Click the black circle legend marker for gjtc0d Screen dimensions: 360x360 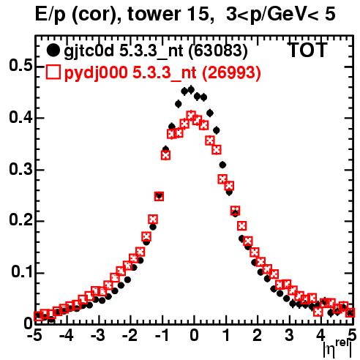pos(53,50)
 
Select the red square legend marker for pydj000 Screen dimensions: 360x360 pos(53,72)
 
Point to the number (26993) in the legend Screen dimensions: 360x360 pos(232,72)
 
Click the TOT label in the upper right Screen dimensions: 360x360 pos(307,50)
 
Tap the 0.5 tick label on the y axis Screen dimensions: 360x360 pos(20,66)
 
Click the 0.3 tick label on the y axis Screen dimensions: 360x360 pos(20,169)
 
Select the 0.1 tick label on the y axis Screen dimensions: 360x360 pos(22,272)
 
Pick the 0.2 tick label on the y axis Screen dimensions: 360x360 pos(20,220)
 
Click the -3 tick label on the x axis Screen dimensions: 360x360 pos(98,335)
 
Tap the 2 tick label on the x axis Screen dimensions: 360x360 pos(257,335)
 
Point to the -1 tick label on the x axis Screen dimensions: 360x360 pos(162,335)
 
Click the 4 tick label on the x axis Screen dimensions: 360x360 pos(320,335)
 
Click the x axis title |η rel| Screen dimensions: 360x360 pos(337,348)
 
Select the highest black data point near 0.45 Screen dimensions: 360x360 pos(191,90)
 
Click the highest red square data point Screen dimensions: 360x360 pos(191,115)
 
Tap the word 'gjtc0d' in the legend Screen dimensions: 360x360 pos(89,51)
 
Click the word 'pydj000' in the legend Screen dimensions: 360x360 pos(96,72)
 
